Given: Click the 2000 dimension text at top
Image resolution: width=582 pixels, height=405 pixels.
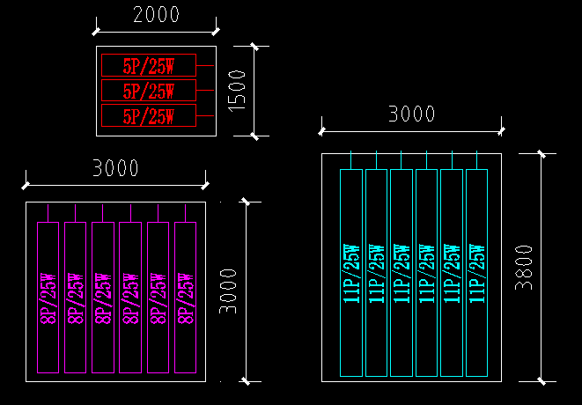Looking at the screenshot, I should (156, 15).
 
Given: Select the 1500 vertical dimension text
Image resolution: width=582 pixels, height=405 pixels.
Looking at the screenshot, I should (236, 91).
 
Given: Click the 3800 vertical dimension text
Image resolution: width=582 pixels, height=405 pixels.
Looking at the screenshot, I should (525, 267).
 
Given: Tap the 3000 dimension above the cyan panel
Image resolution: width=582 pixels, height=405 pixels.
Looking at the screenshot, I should (412, 114).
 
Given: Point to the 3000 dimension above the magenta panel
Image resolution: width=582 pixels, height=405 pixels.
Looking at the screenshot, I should (115, 168).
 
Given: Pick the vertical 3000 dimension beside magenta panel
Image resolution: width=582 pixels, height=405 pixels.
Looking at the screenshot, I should (228, 291).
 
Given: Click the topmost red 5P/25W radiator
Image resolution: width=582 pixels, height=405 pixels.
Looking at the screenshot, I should (148, 66).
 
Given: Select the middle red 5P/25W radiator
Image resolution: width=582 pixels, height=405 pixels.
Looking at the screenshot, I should (148, 91).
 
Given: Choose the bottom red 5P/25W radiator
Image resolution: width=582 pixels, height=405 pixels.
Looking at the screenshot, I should (148, 115).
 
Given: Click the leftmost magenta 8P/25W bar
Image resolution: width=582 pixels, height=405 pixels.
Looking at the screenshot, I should (48, 297).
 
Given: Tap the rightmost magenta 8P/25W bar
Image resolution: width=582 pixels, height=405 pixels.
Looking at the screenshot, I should (185, 297).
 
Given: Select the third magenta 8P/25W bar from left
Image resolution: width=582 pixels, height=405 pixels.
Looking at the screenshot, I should (103, 297).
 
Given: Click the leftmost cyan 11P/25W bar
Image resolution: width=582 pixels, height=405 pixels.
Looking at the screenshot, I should (351, 272).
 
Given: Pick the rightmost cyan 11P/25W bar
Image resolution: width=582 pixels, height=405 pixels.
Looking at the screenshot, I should (476, 272).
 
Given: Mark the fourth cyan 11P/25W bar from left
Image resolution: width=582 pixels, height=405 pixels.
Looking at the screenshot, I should (426, 272).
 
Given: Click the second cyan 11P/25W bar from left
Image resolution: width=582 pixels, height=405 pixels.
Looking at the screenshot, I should (376, 272).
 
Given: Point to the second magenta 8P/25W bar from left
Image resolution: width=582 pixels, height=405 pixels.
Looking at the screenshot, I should (76, 297).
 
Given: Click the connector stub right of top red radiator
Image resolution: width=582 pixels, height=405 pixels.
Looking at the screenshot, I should (205, 66).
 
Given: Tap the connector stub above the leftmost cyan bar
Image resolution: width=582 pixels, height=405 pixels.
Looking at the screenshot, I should (351, 160).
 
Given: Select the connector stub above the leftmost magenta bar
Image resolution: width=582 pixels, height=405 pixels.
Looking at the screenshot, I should (48, 212).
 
